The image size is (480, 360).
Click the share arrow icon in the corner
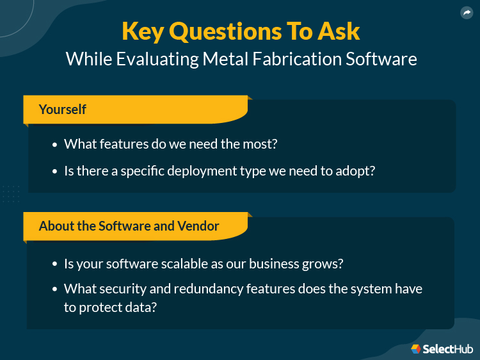pyautogui.click(x=466, y=12)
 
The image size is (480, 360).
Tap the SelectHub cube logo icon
pyautogui.click(x=415, y=348)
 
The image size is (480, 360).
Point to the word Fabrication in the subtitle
pyautogui.click(x=292, y=59)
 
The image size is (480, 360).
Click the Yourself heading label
pyautogui.click(x=62, y=109)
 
